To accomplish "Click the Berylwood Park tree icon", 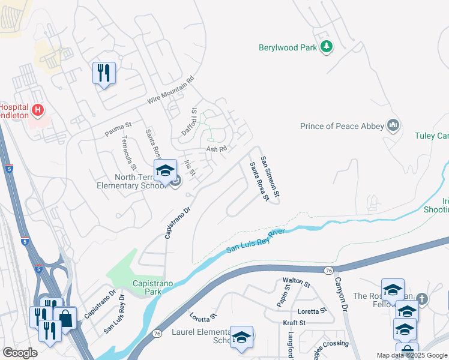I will (327, 47).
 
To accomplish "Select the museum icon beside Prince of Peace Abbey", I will (394, 125).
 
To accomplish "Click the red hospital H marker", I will (38, 110).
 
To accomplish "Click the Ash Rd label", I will (216, 149).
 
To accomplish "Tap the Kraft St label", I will (294, 322).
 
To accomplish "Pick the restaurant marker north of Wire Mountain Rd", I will (104, 73).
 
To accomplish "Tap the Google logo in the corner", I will (20, 353).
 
